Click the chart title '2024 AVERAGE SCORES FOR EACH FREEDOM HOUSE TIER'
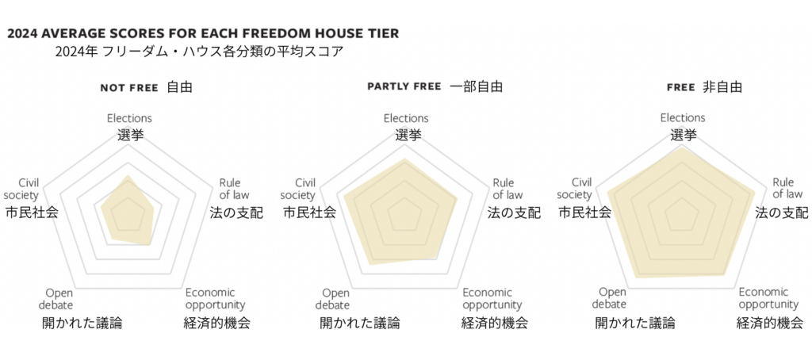[x=202, y=33]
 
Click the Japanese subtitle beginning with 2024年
[x=199, y=52]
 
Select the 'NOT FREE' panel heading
[x=128, y=87]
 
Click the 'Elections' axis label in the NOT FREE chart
[x=129, y=118]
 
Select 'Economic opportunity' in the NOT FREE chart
[x=216, y=298]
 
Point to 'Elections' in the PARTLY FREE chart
[x=406, y=118]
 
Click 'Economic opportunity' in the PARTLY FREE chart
[x=492, y=298]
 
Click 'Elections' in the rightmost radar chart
[x=683, y=118]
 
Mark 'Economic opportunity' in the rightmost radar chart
[x=769, y=298]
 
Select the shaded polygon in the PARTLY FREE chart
[x=404, y=214]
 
